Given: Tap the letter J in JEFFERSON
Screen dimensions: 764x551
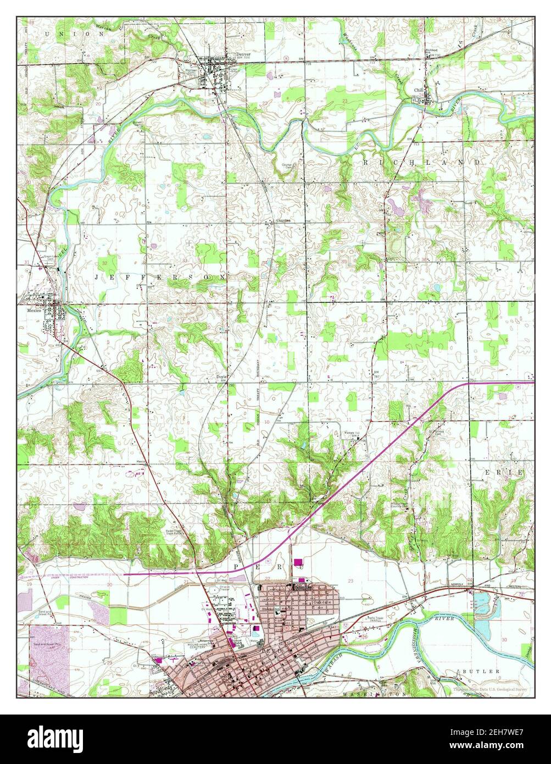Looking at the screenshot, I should (x=97, y=278).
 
